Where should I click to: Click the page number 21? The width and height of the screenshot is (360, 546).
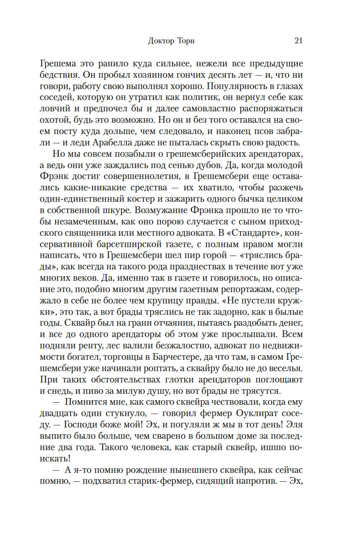point(299,41)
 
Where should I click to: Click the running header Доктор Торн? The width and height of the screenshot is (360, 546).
point(171,41)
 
